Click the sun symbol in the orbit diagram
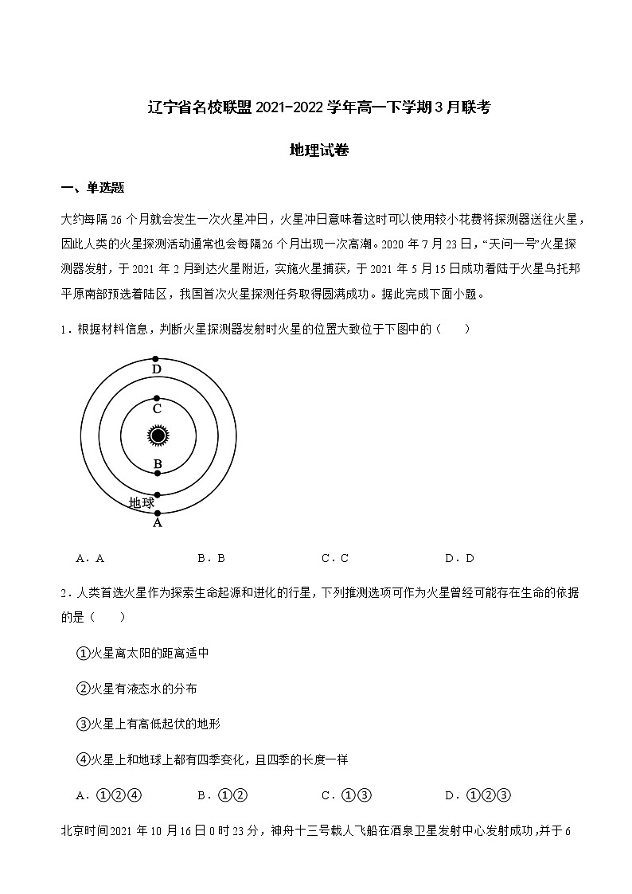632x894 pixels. [158, 435]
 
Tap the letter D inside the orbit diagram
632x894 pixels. [157, 369]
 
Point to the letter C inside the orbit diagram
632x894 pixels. [157, 408]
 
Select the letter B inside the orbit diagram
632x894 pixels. [158, 464]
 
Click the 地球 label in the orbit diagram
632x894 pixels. [142, 502]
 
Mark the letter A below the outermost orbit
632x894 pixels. [158, 523]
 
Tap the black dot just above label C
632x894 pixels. [158, 397]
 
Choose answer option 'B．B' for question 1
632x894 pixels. [211, 558]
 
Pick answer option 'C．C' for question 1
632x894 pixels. [335, 558]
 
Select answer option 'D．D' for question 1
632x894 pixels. [459, 558]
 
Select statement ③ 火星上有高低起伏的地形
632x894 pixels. [148, 724]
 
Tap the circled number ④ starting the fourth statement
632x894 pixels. [82, 759]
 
